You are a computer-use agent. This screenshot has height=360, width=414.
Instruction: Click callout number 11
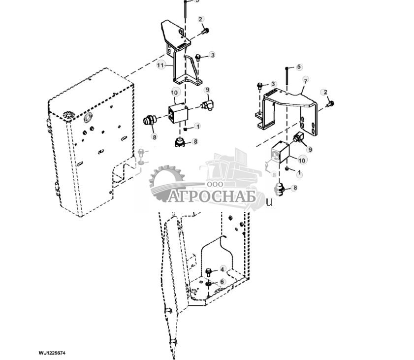coord(160,65)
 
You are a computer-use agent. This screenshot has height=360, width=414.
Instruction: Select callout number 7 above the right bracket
coord(305,80)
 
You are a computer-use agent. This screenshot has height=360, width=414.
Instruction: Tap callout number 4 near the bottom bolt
coord(223,269)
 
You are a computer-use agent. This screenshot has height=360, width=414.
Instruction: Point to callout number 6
coord(223,281)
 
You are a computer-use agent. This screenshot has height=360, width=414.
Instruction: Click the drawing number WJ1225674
coord(52,353)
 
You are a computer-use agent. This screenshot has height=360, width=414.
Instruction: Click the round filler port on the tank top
coord(88,118)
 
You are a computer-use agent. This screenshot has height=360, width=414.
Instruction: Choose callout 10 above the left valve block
coord(174,93)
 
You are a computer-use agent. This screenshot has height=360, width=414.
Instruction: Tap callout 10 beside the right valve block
coord(302,161)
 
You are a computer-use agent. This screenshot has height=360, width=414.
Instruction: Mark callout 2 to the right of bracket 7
coord(324,92)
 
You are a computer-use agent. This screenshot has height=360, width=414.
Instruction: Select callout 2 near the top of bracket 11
coord(201,19)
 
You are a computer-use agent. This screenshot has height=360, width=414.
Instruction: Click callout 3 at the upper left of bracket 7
coord(274,85)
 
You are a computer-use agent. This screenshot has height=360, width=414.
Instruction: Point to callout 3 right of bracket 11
coord(212,55)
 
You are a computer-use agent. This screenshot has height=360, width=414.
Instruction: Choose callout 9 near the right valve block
coord(310,149)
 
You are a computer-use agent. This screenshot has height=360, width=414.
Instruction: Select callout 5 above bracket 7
coord(299,67)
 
